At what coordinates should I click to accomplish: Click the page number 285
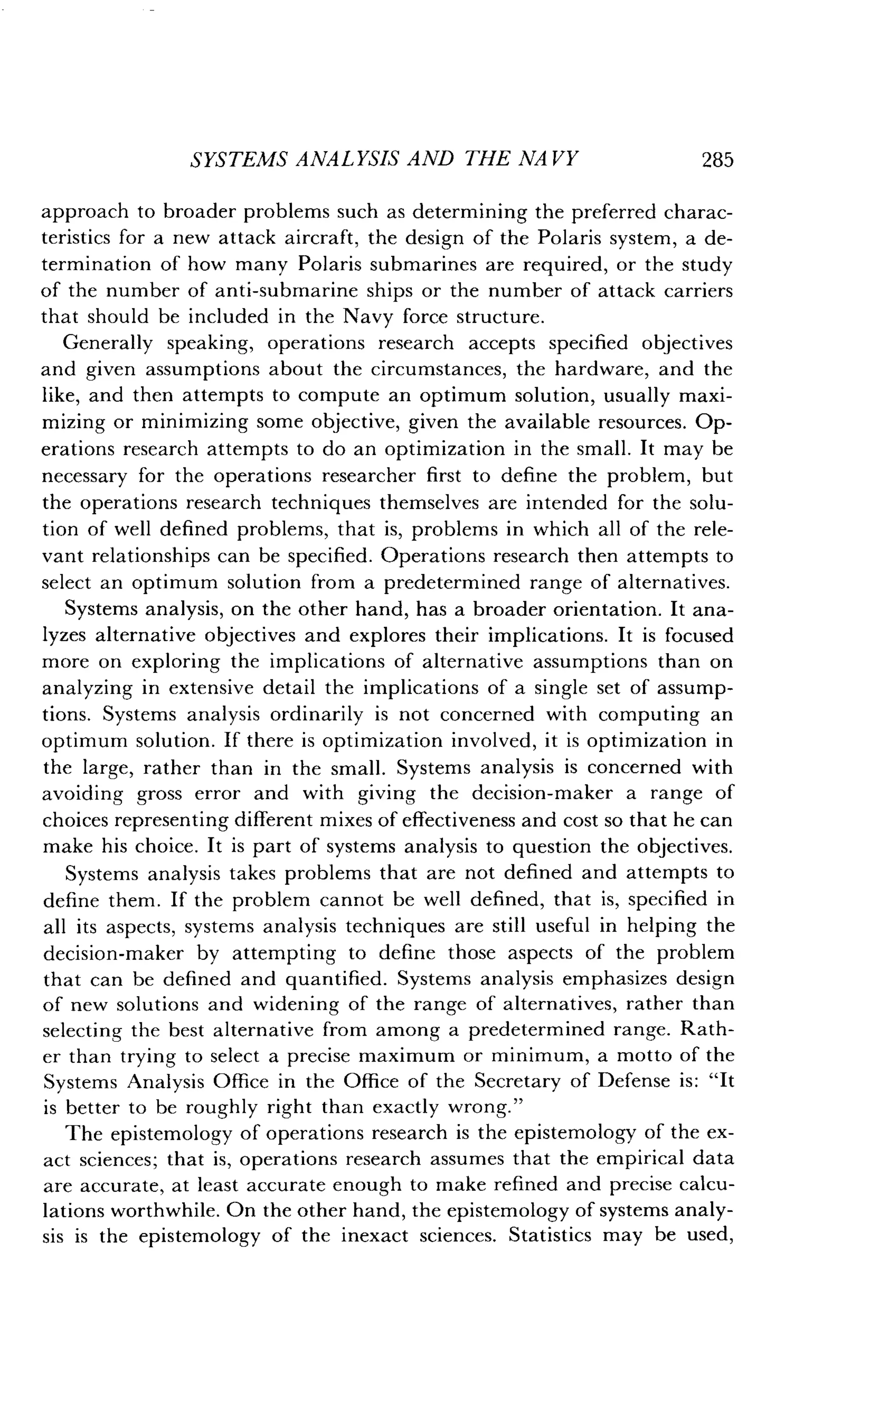(x=717, y=160)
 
